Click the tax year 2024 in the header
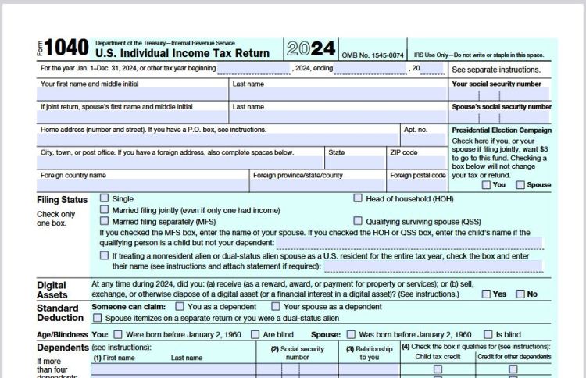click(x=310, y=48)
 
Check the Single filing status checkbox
click(x=104, y=199)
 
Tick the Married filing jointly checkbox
click(x=104, y=210)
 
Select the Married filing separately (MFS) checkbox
click(x=104, y=221)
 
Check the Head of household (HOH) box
click(x=358, y=199)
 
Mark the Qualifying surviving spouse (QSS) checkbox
click(x=358, y=221)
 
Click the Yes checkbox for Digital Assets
click(x=486, y=294)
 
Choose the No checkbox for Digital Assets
click(x=520, y=294)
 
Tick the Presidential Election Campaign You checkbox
click(x=486, y=185)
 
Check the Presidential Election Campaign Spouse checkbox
click(x=520, y=185)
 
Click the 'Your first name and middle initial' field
click(x=133, y=94)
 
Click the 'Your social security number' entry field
click(x=500, y=94)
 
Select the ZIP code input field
click(x=417, y=162)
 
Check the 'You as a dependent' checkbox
click(x=180, y=307)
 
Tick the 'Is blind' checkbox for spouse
click(x=488, y=334)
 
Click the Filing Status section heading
click(x=63, y=200)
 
